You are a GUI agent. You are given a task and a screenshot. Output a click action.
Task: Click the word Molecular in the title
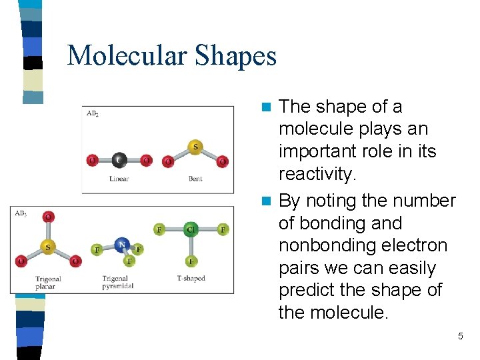(127, 55)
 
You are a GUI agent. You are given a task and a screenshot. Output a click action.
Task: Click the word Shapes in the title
(235, 55)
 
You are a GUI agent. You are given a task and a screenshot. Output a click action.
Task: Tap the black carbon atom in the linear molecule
(119, 160)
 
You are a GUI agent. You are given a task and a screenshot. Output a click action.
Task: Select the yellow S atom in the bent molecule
(195, 146)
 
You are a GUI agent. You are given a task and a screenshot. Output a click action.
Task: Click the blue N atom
(121, 245)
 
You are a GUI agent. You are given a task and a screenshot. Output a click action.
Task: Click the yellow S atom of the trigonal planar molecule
(47, 247)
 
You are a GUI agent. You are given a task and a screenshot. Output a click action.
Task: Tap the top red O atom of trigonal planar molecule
(47, 217)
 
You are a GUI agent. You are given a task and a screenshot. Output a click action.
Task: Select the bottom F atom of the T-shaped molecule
(191, 261)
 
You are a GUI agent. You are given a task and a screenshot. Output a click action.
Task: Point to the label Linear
(119, 179)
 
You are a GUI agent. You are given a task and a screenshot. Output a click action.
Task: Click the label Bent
(195, 179)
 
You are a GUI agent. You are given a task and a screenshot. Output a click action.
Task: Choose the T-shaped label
(191, 278)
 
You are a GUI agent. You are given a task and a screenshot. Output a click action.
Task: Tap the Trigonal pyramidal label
(118, 282)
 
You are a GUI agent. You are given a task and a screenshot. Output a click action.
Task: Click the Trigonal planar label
(47, 282)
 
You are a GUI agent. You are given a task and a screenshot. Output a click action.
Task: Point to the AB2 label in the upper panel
(93, 113)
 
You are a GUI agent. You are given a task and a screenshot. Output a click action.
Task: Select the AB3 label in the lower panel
(21, 213)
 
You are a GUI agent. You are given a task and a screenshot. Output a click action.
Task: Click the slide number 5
(460, 337)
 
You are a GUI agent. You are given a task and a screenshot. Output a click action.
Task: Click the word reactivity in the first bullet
(318, 174)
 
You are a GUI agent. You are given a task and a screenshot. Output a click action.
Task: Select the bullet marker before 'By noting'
(266, 201)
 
